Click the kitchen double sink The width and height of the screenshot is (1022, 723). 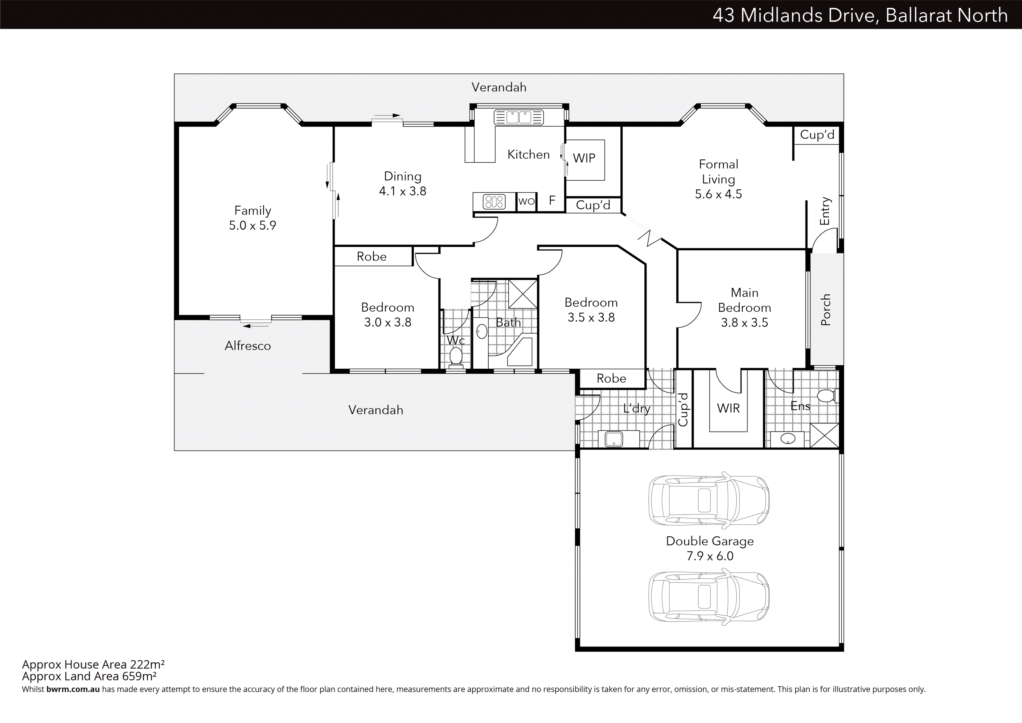coord(519,117)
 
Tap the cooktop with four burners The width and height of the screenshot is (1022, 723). coord(494,202)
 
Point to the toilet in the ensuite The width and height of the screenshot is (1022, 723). coord(827,395)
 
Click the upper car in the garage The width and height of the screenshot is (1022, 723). coord(709,500)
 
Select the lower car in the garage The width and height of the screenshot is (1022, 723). coord(709,597)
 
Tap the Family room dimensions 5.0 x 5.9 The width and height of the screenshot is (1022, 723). coord(252,225)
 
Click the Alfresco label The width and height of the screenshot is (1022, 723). coord(247,346)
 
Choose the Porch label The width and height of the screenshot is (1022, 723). coord(826,309)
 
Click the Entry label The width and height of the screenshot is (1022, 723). coord(825,211)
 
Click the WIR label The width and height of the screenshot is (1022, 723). coord(728,408)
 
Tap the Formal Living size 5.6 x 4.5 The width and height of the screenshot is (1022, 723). coord(718,194)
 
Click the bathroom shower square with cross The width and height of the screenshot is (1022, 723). coord(523,294)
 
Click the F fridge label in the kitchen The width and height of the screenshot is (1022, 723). coord(552,200)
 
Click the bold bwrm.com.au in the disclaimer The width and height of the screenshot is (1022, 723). coord(73,689)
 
